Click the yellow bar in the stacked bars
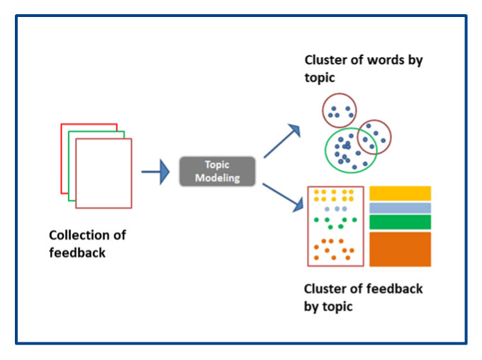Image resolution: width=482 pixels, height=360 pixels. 400,193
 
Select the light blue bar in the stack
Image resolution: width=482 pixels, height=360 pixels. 400,208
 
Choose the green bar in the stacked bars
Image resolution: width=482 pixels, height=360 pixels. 400,222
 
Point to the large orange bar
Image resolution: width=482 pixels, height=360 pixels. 400,249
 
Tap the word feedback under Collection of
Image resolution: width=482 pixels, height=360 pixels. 77,252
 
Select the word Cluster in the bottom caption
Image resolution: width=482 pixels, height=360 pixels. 326,289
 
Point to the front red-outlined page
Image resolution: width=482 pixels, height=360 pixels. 103,173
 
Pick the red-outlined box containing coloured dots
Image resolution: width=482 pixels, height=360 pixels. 335,226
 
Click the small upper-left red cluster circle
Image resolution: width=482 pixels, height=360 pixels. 340,109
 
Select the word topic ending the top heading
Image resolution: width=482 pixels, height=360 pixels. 321,77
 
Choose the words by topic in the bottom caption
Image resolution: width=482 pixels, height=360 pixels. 328,307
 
